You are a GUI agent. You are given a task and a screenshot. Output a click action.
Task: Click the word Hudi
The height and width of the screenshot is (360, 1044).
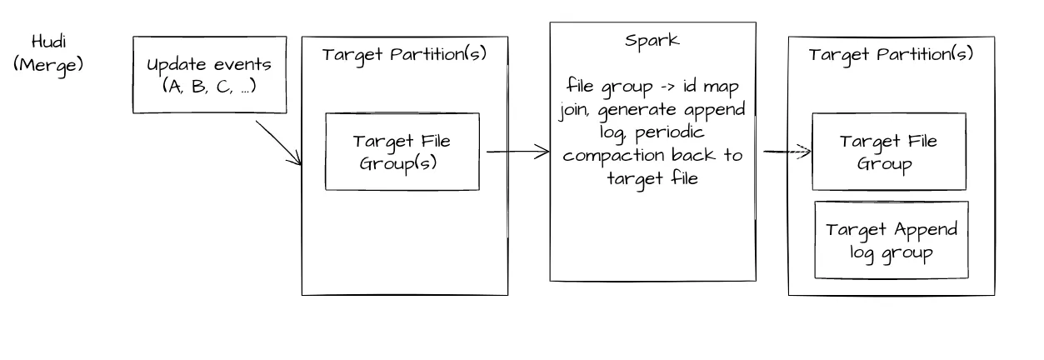coord(48,42)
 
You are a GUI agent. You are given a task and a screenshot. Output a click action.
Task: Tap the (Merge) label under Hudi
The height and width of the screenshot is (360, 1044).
coord(48,63)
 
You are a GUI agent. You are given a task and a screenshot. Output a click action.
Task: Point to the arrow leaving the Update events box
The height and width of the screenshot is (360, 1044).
coord(279,143)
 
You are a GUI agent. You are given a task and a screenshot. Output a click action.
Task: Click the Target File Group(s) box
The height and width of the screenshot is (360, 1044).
coord(402,152)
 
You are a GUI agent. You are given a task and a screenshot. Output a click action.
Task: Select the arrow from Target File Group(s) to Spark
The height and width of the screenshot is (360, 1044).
coord(517,151)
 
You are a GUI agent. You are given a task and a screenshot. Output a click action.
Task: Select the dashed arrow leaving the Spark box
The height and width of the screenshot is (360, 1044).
coord(787,152)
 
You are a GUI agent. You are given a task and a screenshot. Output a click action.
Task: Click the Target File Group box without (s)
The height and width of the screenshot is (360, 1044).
coord(889,152)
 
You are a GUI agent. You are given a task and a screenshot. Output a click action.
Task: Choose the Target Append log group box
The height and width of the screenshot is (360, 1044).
coord(891,240)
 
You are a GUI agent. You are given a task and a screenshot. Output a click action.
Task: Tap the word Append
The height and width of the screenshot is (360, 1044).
coord(925,229)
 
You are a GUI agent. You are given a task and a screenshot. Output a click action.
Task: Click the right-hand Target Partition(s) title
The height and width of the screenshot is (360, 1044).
coord(891,55)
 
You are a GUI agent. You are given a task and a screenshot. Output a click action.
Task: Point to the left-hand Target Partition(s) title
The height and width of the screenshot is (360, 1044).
coord(404,55)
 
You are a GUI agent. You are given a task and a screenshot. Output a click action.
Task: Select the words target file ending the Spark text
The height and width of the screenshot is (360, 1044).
coord(652,177)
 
